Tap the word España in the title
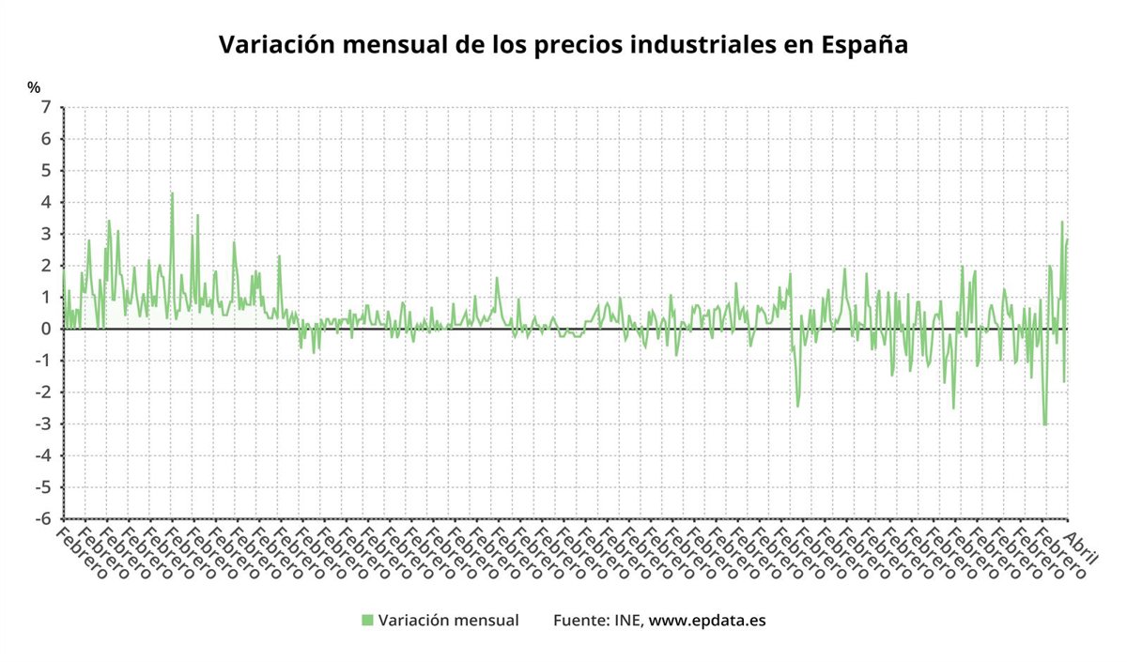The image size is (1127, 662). click(863, 45)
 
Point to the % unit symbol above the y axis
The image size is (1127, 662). click(35, 87)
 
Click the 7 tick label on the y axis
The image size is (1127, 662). click(45, 107)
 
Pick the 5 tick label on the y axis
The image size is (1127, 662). click(45, 171)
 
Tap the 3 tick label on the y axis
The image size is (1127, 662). click(45, 234)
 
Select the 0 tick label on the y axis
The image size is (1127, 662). click(45, 329)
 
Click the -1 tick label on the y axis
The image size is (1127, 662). click(42, 361)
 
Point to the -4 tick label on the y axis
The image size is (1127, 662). click(42, 455)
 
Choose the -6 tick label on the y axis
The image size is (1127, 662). click(42, 518)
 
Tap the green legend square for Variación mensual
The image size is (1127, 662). click(367, 620)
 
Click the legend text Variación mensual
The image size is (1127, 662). click(448, 620)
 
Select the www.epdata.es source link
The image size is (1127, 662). click(707, 621)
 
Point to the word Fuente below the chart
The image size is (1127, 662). click(580, 620)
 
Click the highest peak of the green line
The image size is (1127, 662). click(172, 193)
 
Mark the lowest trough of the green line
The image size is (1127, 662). click(1044, 424)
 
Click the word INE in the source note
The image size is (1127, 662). click(626, 620)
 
